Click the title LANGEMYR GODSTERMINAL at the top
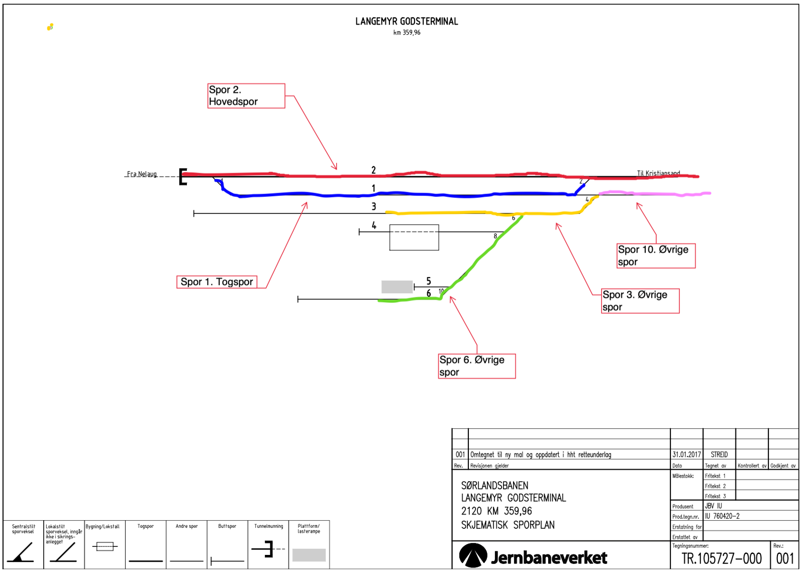[x=407, y=22]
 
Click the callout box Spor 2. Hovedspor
[x=246, y=96]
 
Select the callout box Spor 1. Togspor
[x=217, y=282]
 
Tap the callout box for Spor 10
[x=656, y=256]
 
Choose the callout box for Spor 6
[x=476, y=366]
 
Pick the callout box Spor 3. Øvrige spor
[x=640, y=301]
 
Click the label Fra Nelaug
[x=142, y=174]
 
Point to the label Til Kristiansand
[x=658, y=173]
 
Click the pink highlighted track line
[x=653, y=193]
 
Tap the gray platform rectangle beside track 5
[x=397, y=287]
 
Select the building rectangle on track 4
[x=414, y=238]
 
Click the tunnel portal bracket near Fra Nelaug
[x=183, y=177]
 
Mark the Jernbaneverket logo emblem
[x=473, y=555]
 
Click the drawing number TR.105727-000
[x=721, y=558]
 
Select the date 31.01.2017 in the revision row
[x=686, y=454]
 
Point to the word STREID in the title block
[x=719, y=454]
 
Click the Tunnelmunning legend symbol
[x=269, y=549]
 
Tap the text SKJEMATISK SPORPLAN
[x=508, y=525]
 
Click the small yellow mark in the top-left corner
[x=50, y=27]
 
